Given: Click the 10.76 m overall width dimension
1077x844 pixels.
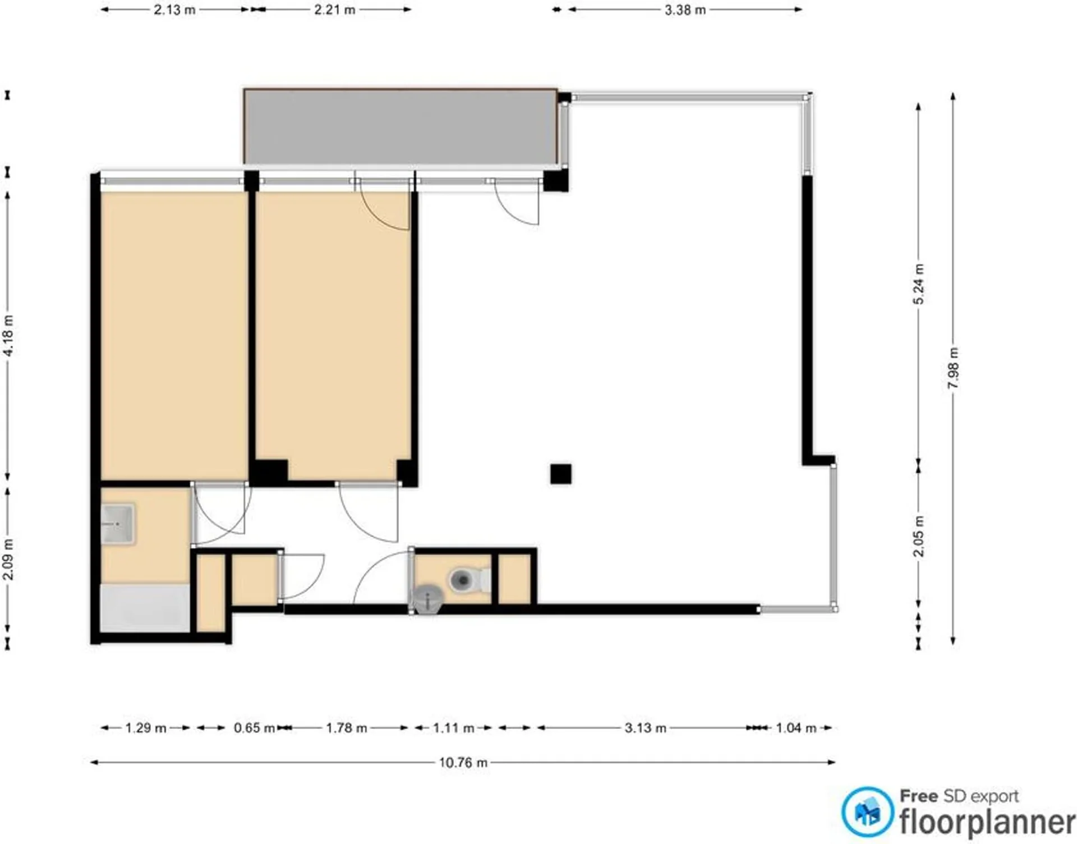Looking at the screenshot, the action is (463, 762).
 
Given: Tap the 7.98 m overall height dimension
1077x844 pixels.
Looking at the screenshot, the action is (953, 368).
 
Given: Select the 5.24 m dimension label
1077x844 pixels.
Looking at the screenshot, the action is (918, 284).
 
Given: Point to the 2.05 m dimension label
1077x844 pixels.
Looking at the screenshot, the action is (918, 536).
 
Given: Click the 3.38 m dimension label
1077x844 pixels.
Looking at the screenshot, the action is (685, 10).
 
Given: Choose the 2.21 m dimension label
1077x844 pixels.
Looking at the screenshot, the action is (334, 10).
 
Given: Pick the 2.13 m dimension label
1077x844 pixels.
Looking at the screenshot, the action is (174, 10).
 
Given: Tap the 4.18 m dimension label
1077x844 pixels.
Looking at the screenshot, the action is (8, 336).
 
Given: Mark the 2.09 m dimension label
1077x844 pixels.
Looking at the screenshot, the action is (8, 559).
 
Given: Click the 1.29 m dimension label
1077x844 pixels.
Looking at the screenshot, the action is (145, 728).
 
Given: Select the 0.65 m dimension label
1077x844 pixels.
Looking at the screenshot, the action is (254, 728).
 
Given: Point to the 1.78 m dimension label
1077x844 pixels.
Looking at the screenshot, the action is (347, 728).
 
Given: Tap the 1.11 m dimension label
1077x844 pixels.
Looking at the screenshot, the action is (453, 728).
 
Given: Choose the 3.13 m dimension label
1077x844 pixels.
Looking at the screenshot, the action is (646, 728).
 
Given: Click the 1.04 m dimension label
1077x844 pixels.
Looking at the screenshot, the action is (796, 728).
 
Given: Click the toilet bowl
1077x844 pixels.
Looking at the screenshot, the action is (466, 580).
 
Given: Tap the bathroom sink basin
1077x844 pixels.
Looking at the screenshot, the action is (117, 524).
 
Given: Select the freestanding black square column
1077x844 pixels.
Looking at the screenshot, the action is (560, 474).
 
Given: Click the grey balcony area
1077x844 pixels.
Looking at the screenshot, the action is (401, 127).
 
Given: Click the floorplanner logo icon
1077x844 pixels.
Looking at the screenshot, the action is (867, 812).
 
